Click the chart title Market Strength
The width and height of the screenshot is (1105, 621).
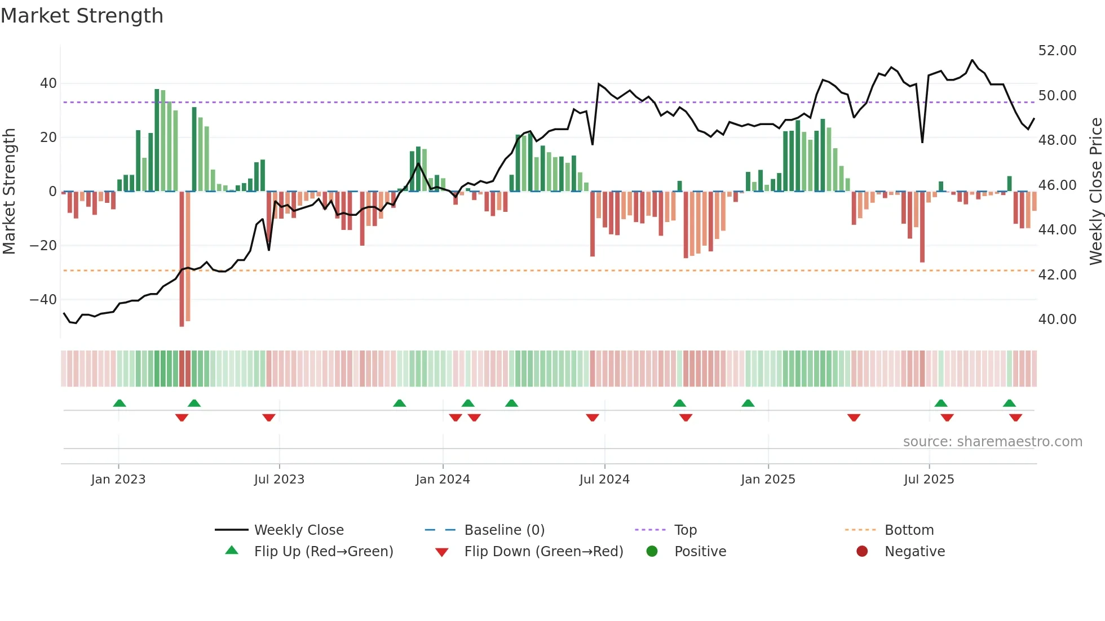[x=82, y=16]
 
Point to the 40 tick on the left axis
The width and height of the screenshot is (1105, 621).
[x=48, y=83]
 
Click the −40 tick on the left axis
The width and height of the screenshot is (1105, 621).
[x=43, y=300]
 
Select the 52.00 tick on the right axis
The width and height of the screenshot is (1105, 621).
[x=1057, y=51]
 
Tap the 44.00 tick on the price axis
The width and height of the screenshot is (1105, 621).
[x=1057, y=230]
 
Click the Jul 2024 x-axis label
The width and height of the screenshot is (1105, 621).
[x=604, y=480]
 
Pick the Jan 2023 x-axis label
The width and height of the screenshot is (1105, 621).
[x=118, y=480]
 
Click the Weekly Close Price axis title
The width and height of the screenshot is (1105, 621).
[x=1095, y=192]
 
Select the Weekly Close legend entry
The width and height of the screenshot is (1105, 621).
[x=299, y=530]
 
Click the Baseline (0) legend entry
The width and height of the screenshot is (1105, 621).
[x=504, y=530]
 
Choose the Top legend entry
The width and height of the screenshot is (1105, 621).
[x=686, y=530]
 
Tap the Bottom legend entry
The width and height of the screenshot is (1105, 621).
[x=909, y=530]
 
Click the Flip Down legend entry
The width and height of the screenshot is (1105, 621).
[x=543, y=552]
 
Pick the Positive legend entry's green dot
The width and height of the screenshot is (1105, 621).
[x=652, y=552]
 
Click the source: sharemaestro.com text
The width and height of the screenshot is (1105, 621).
[x=992, y=442]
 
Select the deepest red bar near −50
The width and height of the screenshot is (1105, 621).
[x=182, y=259]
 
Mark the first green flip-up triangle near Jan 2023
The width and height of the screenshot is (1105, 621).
[x=120, y=403]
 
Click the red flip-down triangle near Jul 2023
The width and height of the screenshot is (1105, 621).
[x=269, y=418]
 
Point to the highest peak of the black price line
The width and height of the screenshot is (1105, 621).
[x=972, y=60]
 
